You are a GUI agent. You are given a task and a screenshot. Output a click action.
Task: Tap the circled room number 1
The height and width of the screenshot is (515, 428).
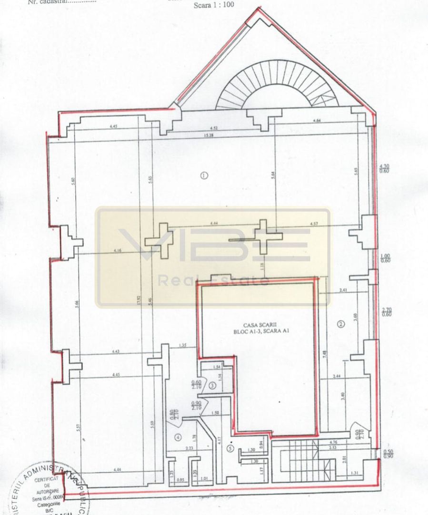(204, 175)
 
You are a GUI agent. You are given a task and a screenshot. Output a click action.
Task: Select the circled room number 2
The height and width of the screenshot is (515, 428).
(341, 324)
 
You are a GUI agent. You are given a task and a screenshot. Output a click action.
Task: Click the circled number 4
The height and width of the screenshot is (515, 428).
(178, 436)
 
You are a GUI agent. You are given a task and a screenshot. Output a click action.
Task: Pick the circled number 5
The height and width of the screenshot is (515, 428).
(230, 448)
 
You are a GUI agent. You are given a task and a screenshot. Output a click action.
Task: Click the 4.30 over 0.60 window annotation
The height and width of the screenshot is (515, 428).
(384, 168)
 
